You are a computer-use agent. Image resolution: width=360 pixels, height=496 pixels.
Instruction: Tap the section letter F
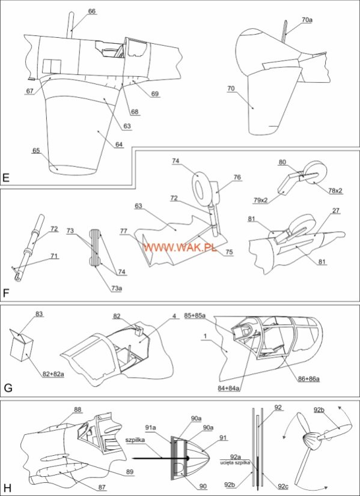[5, 294]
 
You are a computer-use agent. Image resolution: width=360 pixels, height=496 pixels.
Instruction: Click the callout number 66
[92, 11]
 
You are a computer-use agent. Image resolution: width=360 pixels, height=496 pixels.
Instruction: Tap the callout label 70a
[307, 20]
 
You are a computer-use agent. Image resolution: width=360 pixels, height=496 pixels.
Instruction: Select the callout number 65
[36, 150]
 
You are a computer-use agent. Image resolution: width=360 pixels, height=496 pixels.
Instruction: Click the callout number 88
[78, 410]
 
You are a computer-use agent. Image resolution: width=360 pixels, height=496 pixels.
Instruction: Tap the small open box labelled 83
[22, 345]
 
